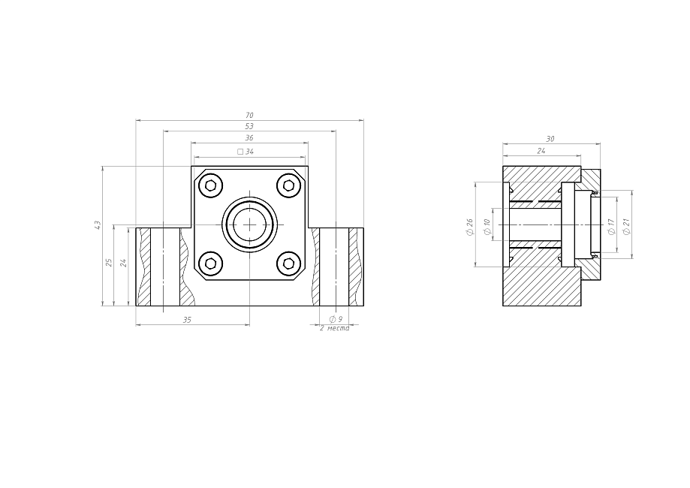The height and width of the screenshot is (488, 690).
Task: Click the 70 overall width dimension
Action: click(249, 116)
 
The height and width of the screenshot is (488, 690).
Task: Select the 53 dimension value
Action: click(249, 126)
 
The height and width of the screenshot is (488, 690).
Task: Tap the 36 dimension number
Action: click(249, 137)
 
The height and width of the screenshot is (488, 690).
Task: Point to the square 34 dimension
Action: click(246, 152)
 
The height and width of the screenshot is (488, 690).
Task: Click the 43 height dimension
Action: click(98, 225)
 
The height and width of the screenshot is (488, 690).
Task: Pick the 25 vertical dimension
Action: click(109, 263)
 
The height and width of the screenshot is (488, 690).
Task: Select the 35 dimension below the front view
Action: click(187, 320)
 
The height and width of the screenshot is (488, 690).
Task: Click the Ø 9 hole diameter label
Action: click(336, 319)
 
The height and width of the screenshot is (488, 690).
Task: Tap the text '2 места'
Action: click(334, 328)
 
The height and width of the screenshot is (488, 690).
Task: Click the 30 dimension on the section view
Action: click(550, 139)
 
